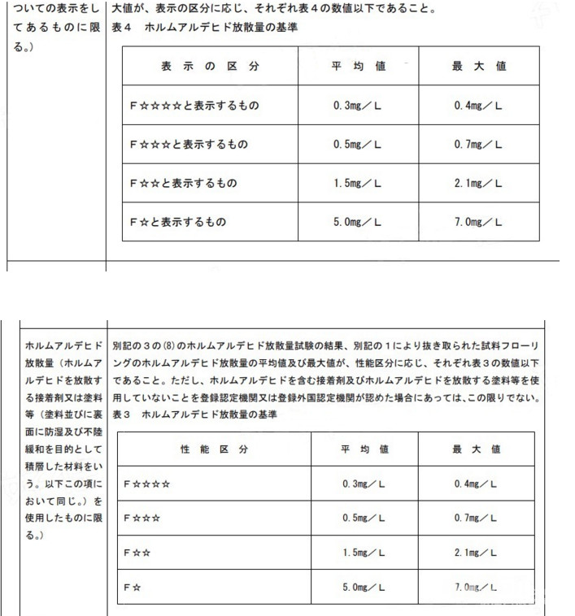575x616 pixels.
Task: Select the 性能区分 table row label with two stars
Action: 137,552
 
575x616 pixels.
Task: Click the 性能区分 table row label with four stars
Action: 147,484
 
